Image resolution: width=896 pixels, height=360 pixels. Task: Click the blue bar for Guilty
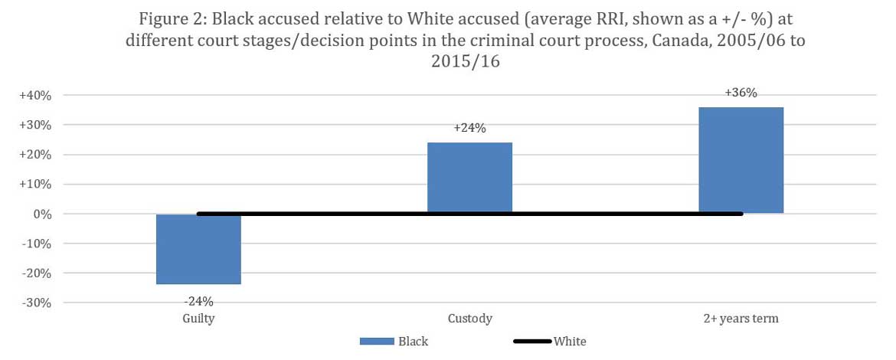198,250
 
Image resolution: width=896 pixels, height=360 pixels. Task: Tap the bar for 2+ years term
741,160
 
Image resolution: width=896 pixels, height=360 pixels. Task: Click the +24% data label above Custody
469,129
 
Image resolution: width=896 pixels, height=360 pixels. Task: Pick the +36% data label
741,93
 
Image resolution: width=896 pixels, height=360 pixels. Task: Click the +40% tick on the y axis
35,96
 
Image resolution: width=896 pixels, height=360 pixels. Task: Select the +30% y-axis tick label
35,125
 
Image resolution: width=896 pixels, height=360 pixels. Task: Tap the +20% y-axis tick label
35,155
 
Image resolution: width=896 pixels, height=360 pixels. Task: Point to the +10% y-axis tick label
35,185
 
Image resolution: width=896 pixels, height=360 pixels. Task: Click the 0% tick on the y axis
41,214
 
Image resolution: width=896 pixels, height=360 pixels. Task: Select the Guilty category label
198,319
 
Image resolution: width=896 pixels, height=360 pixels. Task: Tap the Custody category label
469,319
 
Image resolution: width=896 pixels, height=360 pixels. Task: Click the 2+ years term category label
741,319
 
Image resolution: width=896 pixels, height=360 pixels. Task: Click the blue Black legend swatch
374,342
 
